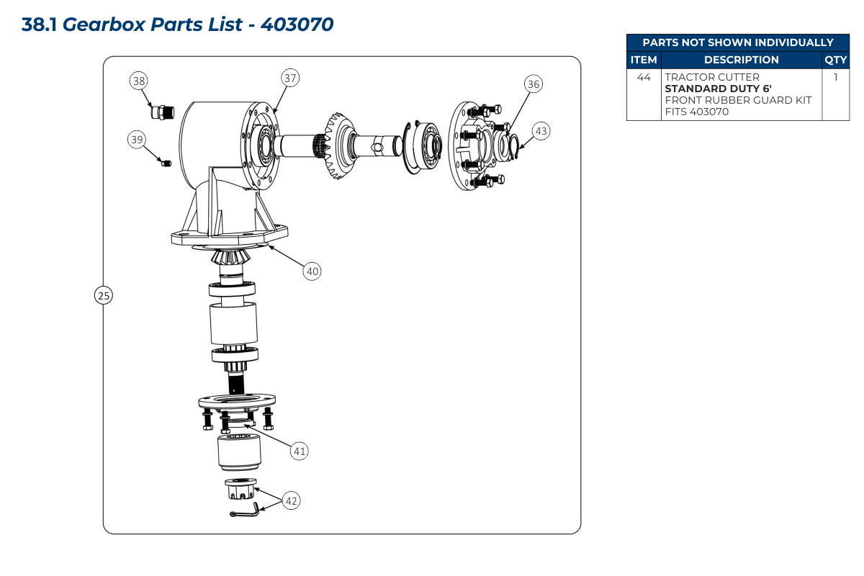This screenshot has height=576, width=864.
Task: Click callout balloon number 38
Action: click(139, 81)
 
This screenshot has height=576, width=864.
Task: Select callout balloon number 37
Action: click(289, 78)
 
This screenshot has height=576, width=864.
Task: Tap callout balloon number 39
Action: click(137, 140)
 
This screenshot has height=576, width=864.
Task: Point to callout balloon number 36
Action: click(533, 84)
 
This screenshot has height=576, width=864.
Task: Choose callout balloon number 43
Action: click(541, 131)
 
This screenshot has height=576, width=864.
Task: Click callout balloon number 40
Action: click(312, 271)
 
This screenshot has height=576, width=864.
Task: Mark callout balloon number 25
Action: click(104, 295)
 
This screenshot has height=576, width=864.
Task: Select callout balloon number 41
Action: click(300, 451)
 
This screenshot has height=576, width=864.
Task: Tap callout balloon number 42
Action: click(291, 500)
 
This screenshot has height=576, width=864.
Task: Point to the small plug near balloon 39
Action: click(166, 164)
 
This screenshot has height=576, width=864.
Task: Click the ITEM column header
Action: click(644, 60)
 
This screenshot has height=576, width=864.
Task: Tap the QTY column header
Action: click(835, 60)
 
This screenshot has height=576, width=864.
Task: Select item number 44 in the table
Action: click(644, 77)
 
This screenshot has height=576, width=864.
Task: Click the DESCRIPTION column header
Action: click(741, 60)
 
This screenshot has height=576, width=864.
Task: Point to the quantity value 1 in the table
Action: click(835, 77)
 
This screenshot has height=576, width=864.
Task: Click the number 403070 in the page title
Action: click(297, 24)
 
